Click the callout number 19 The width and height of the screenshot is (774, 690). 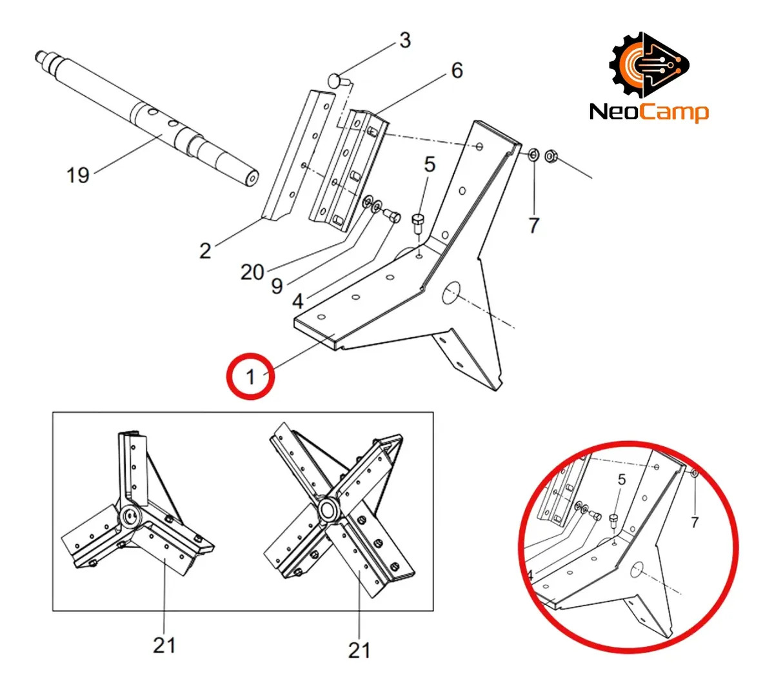tap(78, 175)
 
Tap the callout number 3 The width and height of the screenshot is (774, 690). tap(405, 40)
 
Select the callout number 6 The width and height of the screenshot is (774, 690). tap(457, 70)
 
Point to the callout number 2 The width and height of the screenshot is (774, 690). tap(205, 251)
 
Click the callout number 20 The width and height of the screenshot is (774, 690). tap(253, 272)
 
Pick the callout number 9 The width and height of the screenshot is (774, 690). tap(277, 286)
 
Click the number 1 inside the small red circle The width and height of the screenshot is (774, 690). tap(251, 377)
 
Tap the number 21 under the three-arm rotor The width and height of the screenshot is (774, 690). tap(164, 646)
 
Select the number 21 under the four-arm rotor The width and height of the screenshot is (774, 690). tap(359, 651)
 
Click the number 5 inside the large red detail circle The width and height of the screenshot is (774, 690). tap(622, 480)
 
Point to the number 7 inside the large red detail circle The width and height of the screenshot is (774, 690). tap(695, 522)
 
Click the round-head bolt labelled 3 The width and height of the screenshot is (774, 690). tap(337, 80)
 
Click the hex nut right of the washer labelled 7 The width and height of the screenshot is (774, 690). tap(550, 156)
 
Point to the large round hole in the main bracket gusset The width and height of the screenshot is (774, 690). tap(451, 293)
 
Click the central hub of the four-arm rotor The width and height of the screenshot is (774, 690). tap(327, 509)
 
